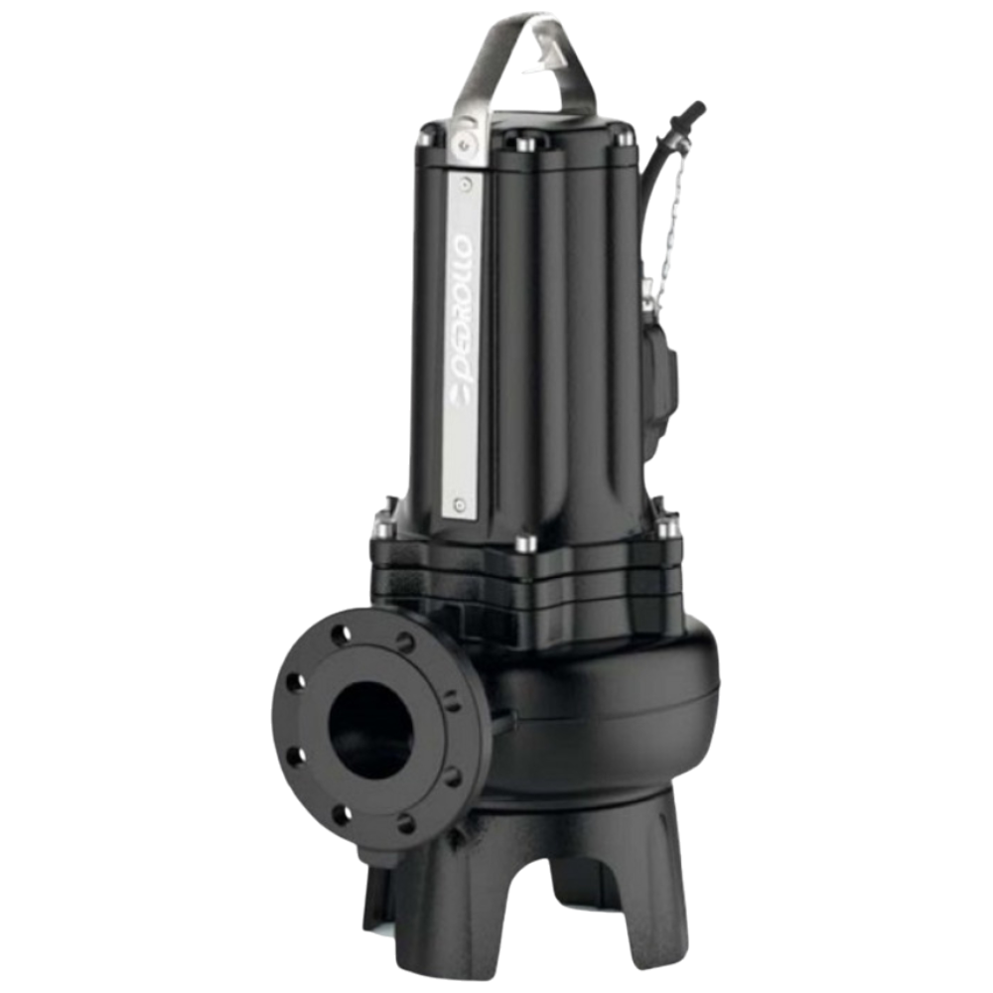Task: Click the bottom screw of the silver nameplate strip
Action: coord(460,504)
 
